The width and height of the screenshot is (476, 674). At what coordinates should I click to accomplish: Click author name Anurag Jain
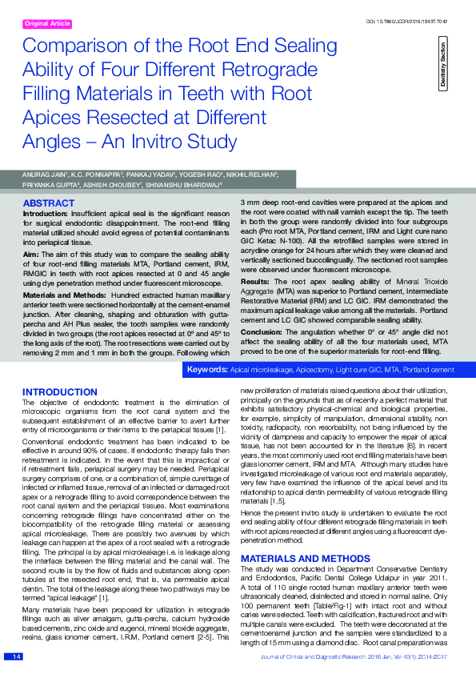[x=43, y=173]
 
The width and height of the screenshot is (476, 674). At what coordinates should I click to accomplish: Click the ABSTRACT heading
[x=49, y=204]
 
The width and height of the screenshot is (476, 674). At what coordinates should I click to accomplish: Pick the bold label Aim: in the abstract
[x=30, y=252]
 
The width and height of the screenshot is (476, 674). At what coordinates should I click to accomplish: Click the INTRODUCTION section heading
[x=60, y=392]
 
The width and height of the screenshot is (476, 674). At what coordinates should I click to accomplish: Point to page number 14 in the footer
[x=14, y=657]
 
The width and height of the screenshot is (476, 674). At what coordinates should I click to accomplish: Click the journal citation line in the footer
[x=358, y=657]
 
